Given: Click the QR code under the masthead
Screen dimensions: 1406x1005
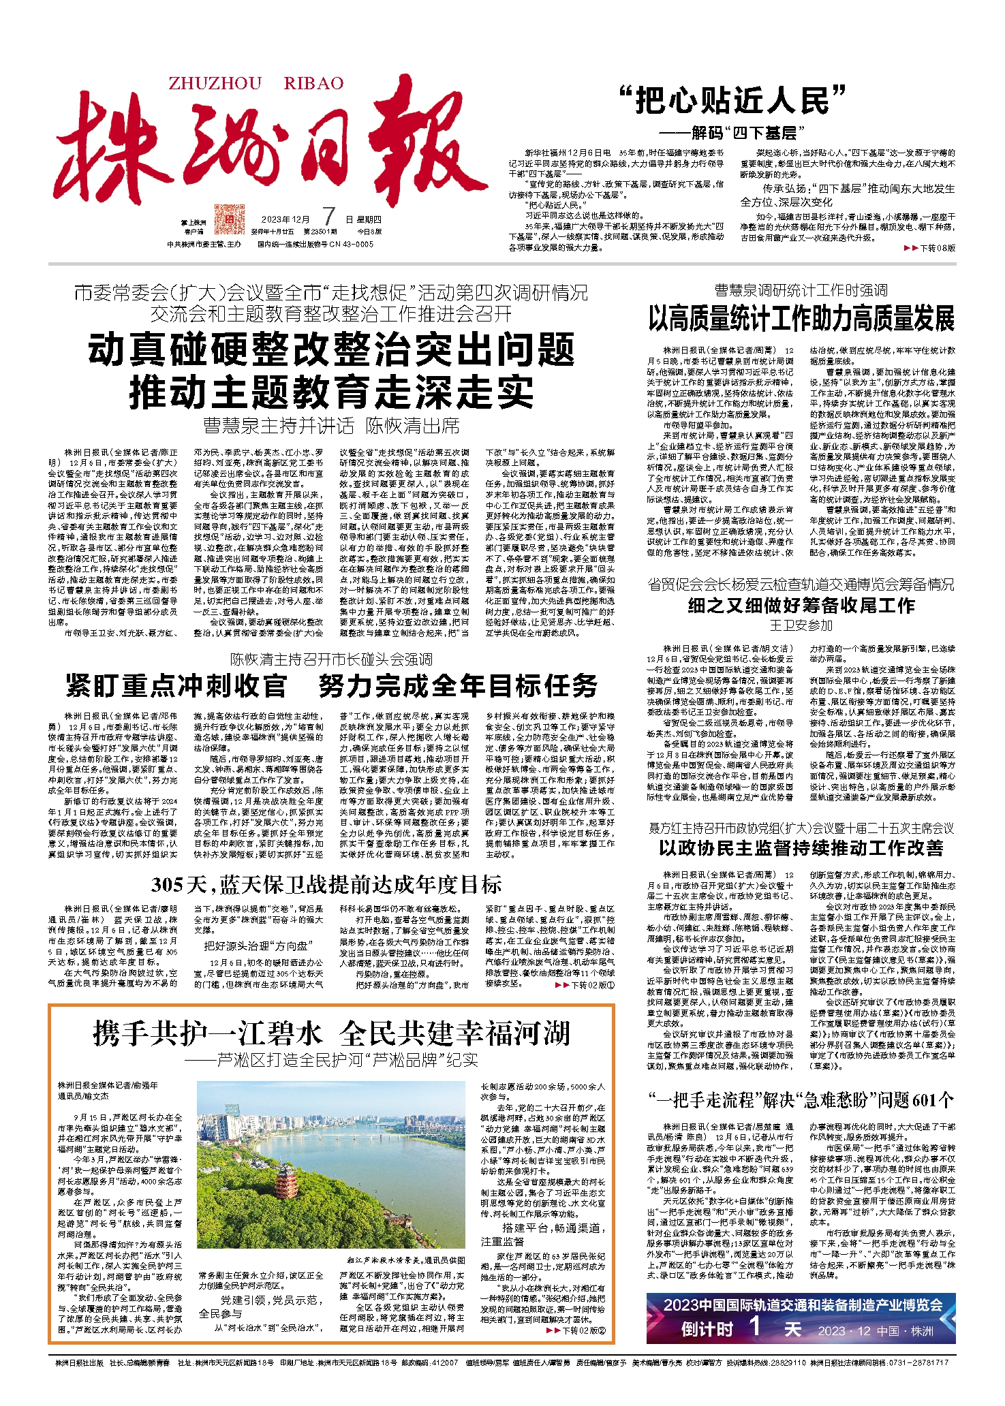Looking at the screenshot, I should pos(229,219).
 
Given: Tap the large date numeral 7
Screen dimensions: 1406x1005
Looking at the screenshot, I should pos(328,217).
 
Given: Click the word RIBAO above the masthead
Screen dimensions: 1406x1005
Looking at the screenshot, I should pos(313,84).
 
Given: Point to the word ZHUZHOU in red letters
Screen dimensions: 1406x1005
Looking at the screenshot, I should pos(215,84).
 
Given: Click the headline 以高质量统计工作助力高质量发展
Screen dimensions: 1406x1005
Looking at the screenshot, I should pos(801,319).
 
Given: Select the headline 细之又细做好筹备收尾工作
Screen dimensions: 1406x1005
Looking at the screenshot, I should pos(801,605).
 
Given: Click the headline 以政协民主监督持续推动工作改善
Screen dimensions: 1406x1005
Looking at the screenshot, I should pos(801,847).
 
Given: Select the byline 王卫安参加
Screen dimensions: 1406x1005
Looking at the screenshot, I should pos(801,625).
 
